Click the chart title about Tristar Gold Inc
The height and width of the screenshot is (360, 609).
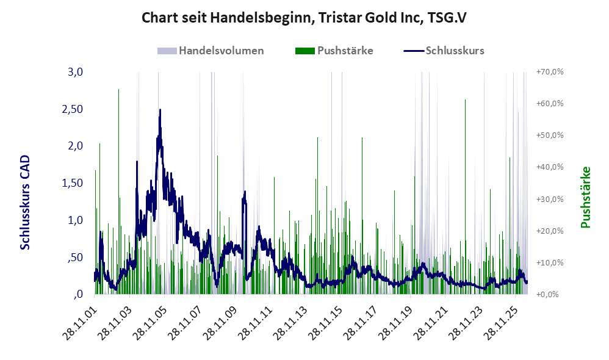(x=304, y=18)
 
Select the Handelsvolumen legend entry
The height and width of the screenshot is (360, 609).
(x=211, y=51)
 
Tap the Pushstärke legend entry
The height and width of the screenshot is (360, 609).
(x=334, y=51)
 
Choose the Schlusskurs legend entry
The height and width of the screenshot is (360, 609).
(x=444, y=51)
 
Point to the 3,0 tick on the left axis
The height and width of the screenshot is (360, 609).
(x=75, y=72)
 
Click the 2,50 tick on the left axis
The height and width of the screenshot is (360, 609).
(x=73, y=109)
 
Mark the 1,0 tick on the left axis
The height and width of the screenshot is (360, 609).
(x=75, y=220)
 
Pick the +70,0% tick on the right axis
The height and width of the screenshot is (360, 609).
(x=550, y=72)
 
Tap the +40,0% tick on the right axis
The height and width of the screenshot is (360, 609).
(x=550, y=167)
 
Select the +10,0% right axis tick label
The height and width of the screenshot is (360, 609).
(x=550, y=262)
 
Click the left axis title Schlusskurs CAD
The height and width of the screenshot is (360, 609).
(x=25, y=203)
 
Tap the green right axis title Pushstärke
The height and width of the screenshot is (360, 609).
(x=585, y=197)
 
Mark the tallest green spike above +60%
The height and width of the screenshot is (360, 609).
(x=118, y=192)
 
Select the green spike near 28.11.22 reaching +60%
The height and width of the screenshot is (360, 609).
(x=465, y=197)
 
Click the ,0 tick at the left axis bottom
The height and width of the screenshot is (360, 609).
(x=78, y=294)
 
